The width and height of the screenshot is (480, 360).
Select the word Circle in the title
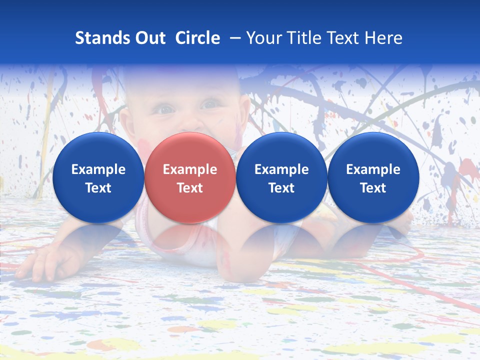(x=197, y=38)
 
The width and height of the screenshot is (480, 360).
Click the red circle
(x=190, y=177)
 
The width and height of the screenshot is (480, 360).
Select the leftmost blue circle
(x=98, y=177)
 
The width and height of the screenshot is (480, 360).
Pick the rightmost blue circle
(x=373, y=177)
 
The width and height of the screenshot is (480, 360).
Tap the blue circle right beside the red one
(x=281, y=177)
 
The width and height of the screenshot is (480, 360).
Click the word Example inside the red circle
(x=190, y=169)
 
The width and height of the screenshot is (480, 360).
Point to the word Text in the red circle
(x=190, y=188)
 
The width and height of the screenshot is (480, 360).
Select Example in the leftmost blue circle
(x=98, y=169)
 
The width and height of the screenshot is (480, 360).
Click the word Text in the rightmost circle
(x=373, y=188)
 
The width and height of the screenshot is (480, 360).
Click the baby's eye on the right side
(x=209, y=105)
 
